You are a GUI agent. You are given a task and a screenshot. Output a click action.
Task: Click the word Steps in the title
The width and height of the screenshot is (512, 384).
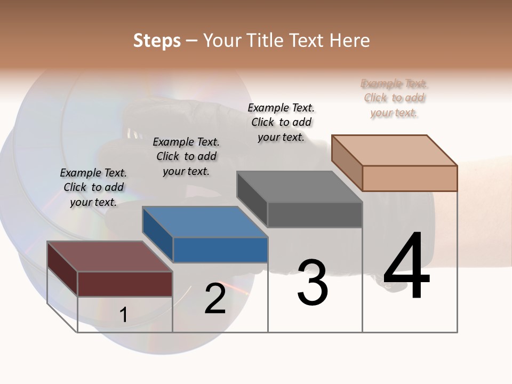point(157,41)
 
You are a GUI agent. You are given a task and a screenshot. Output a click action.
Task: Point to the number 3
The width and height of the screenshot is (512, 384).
point(312,283)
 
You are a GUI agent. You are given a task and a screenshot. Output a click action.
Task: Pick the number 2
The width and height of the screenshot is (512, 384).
point(215,299)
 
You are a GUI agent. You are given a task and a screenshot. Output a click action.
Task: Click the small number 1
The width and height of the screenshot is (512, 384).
point(123,315)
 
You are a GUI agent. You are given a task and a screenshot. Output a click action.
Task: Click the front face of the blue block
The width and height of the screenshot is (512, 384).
point(220,250)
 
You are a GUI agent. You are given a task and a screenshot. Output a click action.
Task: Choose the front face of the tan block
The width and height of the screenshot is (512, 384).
point(410,178)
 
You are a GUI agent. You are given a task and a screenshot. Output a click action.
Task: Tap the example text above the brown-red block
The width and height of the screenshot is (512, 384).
point(93,187)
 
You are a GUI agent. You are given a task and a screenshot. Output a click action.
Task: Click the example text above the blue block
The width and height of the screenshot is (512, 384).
point(186,156)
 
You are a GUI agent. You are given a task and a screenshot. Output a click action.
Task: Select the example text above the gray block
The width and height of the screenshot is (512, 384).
point(281,122)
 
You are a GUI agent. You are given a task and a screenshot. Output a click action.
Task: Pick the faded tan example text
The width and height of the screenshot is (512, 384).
point(394,98)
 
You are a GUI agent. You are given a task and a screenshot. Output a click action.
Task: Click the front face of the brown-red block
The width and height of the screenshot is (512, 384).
point(125,284)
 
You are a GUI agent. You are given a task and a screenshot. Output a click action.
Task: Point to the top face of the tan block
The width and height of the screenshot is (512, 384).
point(394,150)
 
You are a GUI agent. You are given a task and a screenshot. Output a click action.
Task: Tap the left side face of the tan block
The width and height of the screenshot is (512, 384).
point(347,163)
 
